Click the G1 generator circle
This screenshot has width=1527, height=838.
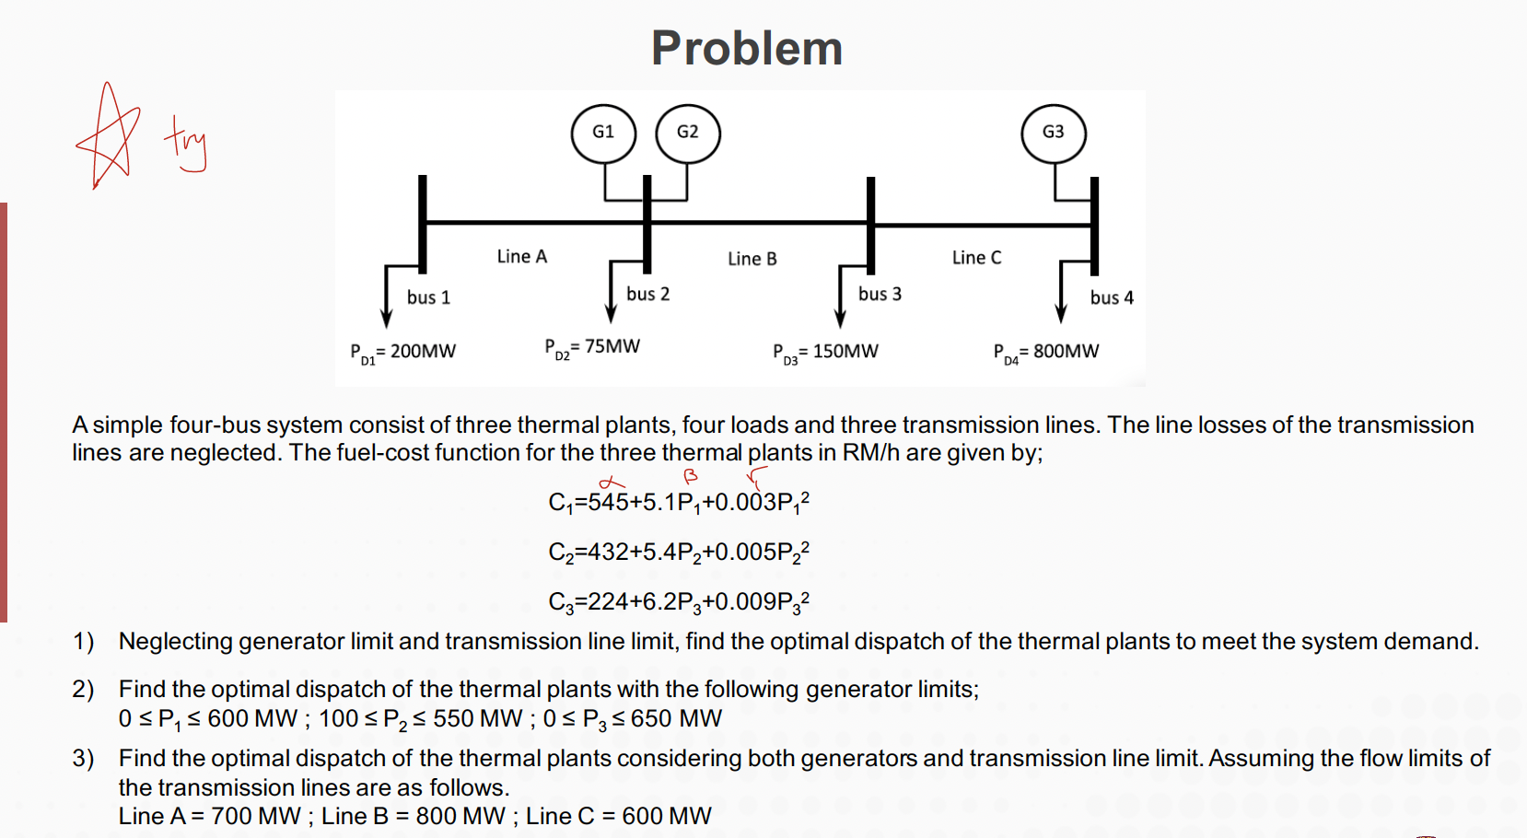point(603,133)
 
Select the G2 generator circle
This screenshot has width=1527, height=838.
point(687,133)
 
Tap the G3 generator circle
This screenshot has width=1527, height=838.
point(1053,133)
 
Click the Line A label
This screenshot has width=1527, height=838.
point(521,256)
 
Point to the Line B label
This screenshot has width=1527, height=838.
point(752,259)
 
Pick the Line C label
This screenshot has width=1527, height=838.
point(976,258)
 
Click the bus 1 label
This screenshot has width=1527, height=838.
point(428,297)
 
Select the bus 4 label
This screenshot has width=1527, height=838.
point(1112,297)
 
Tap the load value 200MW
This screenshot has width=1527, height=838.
point(423,351)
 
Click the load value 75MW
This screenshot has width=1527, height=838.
point(612,346)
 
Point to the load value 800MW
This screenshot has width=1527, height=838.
point(1066,351)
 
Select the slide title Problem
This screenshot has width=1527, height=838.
point(747,48)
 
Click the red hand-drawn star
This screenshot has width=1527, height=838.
point(109,136)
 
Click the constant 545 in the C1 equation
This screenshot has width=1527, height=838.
point(608,503)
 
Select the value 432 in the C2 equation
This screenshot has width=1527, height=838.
point(608,553)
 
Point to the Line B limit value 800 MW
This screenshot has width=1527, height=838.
point(460,816)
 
